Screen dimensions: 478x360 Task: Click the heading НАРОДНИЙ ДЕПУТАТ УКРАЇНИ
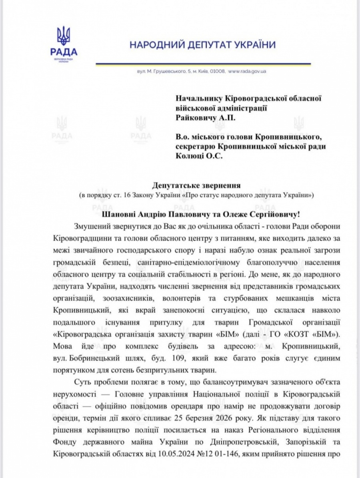(202, 45)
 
